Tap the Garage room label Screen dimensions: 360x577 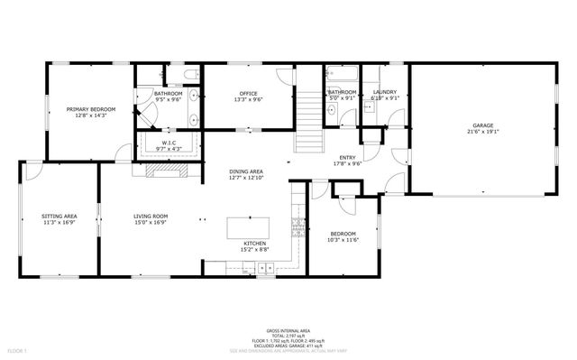pos(484,125)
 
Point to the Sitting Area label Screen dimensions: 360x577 pos(59,217)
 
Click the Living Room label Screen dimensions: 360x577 pos(151,217)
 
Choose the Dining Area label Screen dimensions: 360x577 pos(245,171)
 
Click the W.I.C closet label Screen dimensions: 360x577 pos(169,143)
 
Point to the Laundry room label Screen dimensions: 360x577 pos(385,92)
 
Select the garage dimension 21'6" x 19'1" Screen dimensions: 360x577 pos(484,132)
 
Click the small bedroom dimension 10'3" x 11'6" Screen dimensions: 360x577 pos(343,239)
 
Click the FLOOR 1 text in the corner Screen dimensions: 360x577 pos(18,349)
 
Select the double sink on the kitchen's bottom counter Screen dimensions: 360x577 pos(266,267)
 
